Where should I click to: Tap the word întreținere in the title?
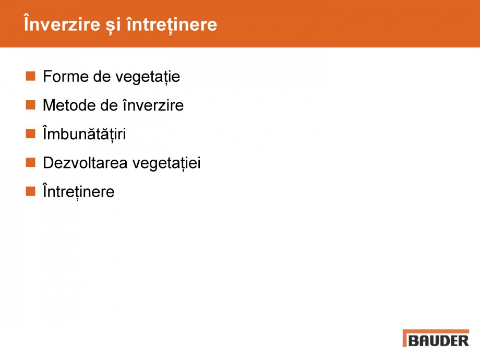pyautogui.click(x=172, y=25)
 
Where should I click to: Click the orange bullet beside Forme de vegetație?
pyautogui.click(x=30, y=76)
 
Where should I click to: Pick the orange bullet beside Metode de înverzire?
pyautogui.click(x=30, y=105)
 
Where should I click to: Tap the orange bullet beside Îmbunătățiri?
pyautogui.click(x=30, y=134)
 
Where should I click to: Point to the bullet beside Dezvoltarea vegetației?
pyautogui.click(x=30, y=162)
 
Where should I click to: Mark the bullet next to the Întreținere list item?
pyautogui.click(x=30, y=191)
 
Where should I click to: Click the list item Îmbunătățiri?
pyautogui.click(x=84, y=134)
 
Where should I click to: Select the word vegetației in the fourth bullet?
pyautogui.click(x=166, y=163)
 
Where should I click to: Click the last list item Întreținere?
pyautogui.click(x=78, y=191)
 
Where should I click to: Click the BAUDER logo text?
pyautogui.click(x=439, y=341)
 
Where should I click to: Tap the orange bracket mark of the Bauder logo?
pyautogui.click(x=405, y=338)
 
